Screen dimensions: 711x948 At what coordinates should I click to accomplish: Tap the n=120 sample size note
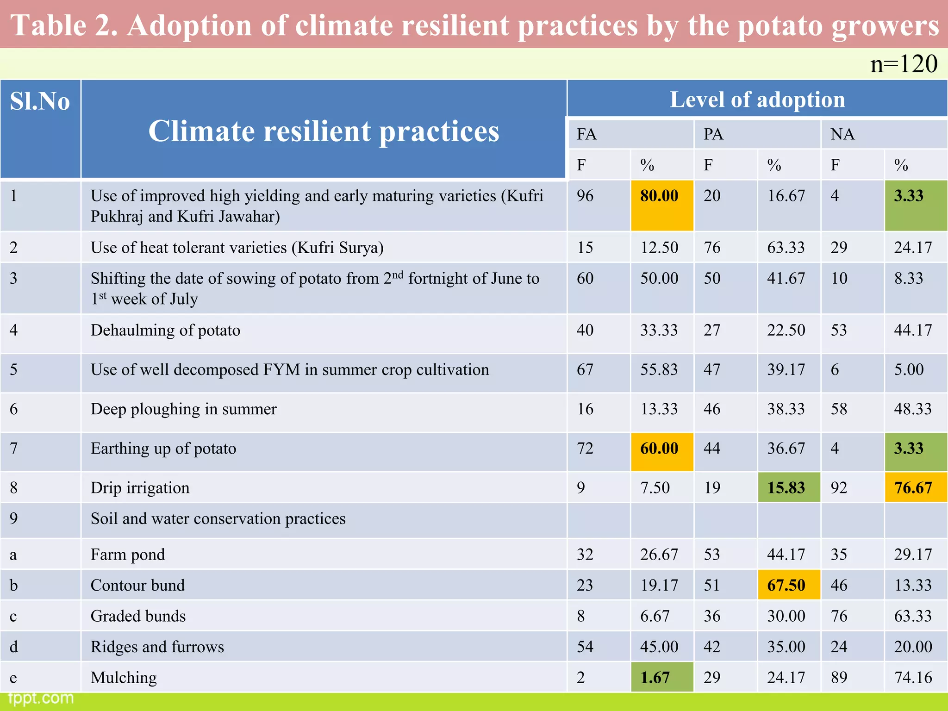tap(903, 64)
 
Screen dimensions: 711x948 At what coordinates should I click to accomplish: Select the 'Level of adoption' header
tap(757, 100)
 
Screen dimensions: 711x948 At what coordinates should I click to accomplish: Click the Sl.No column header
tap(40, 102)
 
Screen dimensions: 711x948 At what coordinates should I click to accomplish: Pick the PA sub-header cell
tap(713, 134)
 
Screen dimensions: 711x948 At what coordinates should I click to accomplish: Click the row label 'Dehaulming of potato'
tap(165, 330)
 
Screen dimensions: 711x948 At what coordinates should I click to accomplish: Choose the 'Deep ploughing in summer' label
tap(183, 409)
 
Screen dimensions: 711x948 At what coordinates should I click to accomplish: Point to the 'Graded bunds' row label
tap(138, 616)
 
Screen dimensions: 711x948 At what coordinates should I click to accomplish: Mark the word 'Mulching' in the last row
tap(124, 678)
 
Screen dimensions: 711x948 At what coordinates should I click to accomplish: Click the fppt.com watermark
tap(41, 698)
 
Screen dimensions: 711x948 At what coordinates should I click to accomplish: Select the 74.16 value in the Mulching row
tap(913, 678)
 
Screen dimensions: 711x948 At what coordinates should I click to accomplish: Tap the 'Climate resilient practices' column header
tap(324, 131)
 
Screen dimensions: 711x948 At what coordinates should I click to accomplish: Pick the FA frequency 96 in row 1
tap(585, 196)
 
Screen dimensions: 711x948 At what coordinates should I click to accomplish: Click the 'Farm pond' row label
tap(128, 555)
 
